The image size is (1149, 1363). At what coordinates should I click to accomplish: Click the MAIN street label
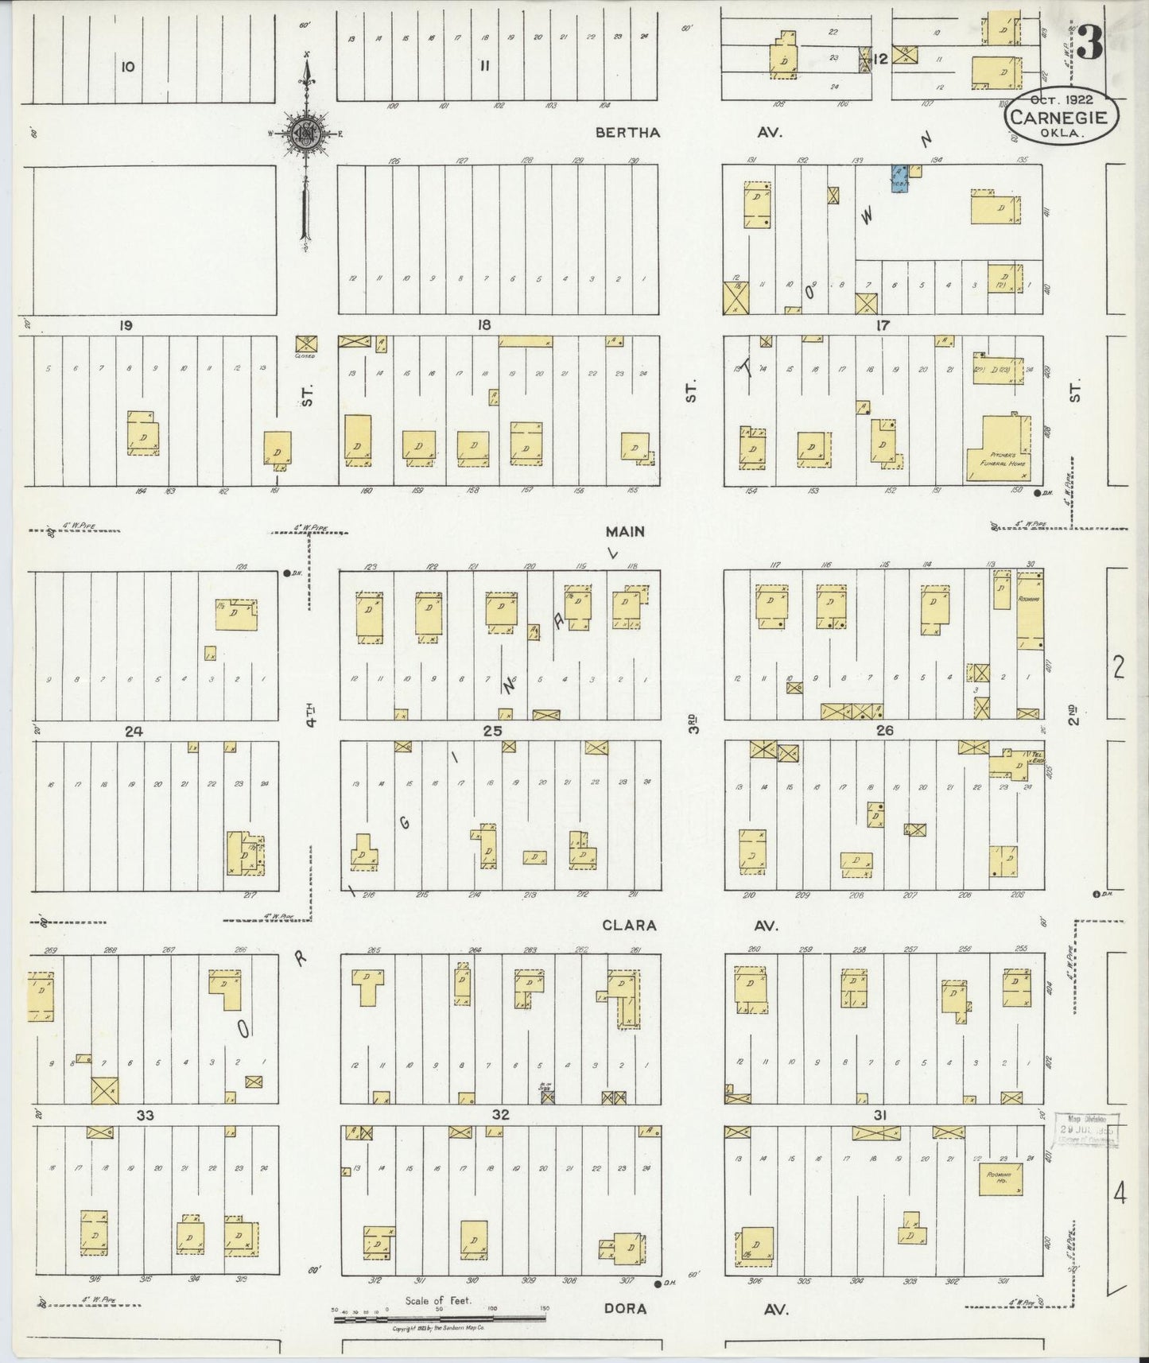[624, 531]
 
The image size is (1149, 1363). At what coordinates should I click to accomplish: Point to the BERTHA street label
[627, 133]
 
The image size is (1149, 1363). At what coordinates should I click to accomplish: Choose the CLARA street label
[628, 925]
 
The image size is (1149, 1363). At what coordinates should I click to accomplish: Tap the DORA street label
[624, 1308]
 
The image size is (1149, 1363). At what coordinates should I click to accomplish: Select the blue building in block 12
[899, 179]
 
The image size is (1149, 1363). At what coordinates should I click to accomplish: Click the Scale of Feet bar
[440, 1317]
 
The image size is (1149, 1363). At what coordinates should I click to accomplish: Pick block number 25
[492, 730]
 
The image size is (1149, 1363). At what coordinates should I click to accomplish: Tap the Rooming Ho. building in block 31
[1000, 1179]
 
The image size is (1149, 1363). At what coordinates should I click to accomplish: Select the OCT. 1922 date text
[1061, 100]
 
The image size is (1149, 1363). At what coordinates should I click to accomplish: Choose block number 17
[882, 325]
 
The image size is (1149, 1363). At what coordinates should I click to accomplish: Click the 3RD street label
[693, 722]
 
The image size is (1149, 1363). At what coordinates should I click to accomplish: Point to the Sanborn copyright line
[440, 1328]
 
